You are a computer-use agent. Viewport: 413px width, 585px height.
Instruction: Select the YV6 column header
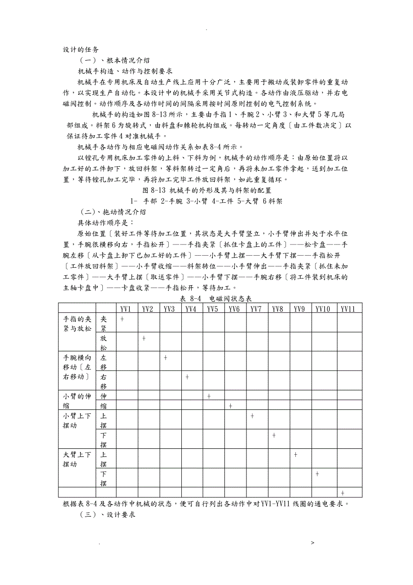(234, 309)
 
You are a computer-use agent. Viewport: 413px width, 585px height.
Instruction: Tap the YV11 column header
(348, 309)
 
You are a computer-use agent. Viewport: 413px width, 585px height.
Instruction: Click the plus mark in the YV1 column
(122, 319)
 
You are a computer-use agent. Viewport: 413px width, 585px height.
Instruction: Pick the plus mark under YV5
(209, 396)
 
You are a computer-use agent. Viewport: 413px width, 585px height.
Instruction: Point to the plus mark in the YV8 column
(274, 435)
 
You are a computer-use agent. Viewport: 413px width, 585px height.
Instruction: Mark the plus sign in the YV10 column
(317, 474)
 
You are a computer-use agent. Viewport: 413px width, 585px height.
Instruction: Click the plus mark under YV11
(343, 493)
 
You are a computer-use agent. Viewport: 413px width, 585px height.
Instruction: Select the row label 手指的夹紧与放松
(77, 324)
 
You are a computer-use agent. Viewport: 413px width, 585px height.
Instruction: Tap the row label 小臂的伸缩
(77, 401)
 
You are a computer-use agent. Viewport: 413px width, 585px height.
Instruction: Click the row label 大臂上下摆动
(77, 459)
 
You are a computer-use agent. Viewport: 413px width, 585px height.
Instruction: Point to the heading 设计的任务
(81, 49)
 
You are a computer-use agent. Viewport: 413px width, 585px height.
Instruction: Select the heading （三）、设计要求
(108, 515)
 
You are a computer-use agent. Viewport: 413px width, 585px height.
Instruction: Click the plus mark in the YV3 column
(166, 358)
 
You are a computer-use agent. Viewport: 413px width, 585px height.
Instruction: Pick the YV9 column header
(299, 309)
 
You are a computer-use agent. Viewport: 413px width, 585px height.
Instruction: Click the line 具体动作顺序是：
(105, 222)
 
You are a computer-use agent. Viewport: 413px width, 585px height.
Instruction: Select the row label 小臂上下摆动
(77, 421)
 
